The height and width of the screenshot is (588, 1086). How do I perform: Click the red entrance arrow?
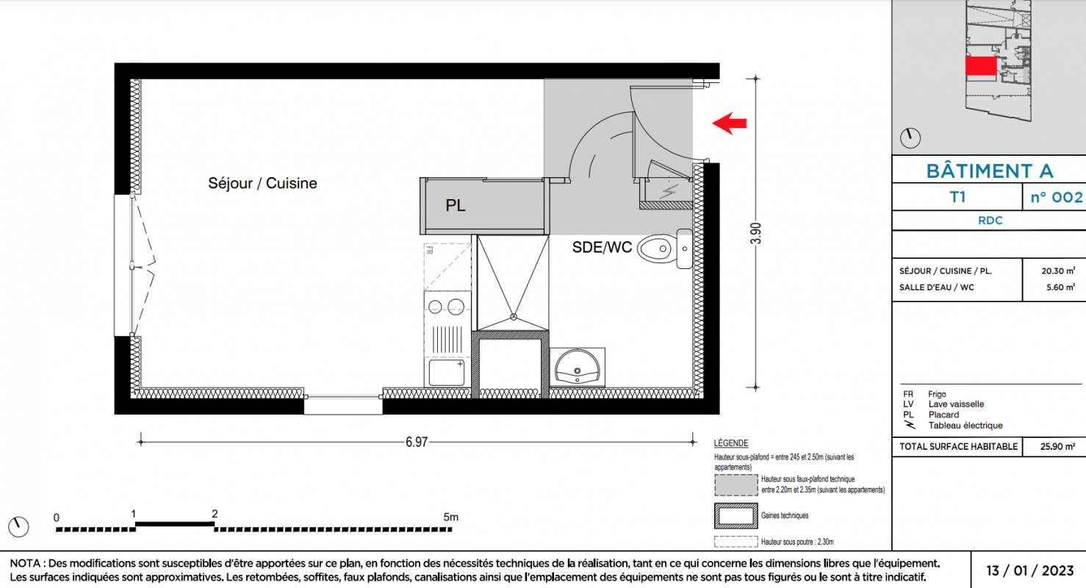point(730,123)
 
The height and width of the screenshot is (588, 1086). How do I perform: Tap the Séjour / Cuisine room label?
point(262,184)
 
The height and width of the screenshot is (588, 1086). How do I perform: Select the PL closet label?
point(456,206)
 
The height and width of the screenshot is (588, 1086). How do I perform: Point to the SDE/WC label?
point(602,248)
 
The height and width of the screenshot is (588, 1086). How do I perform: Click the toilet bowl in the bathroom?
point(657,249)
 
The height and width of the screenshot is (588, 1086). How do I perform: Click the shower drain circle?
point(514,317)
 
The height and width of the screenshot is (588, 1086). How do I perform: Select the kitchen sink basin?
point(447,372)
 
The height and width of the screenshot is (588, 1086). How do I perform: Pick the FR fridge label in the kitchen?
point(429,251)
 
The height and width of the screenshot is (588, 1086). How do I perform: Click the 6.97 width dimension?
point(417,442)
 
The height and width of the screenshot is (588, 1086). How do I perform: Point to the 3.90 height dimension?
point(755,233)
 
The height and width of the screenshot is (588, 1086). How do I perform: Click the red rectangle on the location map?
point(981,66)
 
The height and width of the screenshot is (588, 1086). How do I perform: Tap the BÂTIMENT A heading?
point(990,171)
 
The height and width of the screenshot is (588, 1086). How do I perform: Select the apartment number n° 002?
point(1057,197)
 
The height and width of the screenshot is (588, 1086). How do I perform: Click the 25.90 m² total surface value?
point(1057,446)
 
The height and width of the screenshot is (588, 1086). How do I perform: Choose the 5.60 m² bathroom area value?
point(1060,287)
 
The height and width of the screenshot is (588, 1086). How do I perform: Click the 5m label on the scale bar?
point(451,517)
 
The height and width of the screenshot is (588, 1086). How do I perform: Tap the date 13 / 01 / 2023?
point(1029,570)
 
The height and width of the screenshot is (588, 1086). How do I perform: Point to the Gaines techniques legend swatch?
point(736,516)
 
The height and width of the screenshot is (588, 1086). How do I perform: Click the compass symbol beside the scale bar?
point(19,527)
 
